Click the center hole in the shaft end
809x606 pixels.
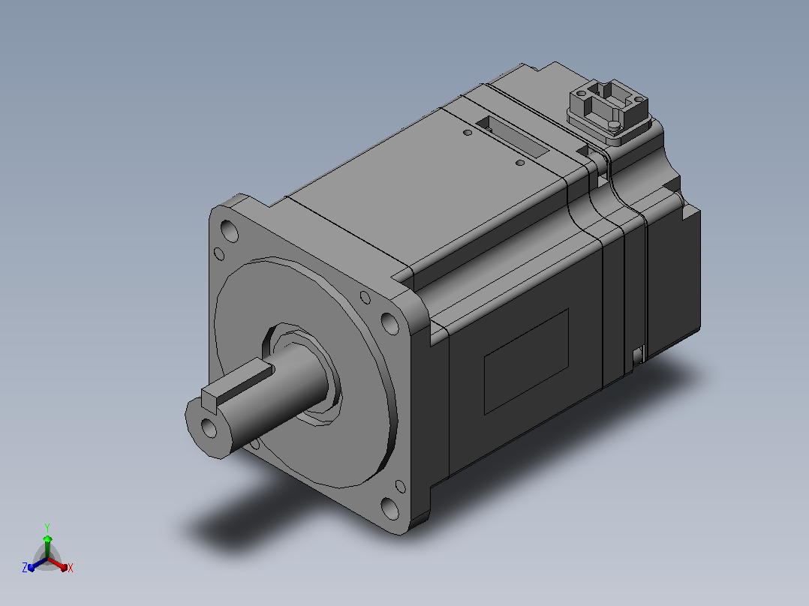click(x=209, y=428)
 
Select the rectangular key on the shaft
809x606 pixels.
click(x=238, y=383)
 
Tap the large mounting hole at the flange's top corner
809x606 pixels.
click(x=229, y=231)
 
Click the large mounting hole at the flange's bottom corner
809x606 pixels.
click(x=390, y=508)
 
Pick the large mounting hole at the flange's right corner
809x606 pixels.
click(x=390, y=323)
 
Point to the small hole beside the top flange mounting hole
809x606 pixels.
click(x=219, y=253)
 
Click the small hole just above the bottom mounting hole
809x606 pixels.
click(x=401, y=486)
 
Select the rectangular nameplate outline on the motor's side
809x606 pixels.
click(x=526, y=361)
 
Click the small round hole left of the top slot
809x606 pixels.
click(x=468, y=133)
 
